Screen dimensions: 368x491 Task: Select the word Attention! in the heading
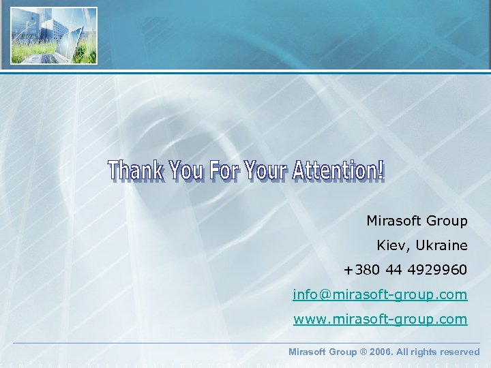(x=338, y=171)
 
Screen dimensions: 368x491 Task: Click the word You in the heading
(x=185, y=171)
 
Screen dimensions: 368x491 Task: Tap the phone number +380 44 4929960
(x=405, y=270)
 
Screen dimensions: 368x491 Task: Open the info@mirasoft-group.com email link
(x=380, y=294)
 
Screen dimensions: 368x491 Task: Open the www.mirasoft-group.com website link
(x=380, y=319)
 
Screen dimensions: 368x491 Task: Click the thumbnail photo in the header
(x=54, y=35)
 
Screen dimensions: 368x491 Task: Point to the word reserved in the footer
(x=459, y=352)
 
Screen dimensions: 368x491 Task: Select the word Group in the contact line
(x=447, y=221)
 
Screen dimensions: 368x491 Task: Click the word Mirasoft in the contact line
(x=393, y=221)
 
